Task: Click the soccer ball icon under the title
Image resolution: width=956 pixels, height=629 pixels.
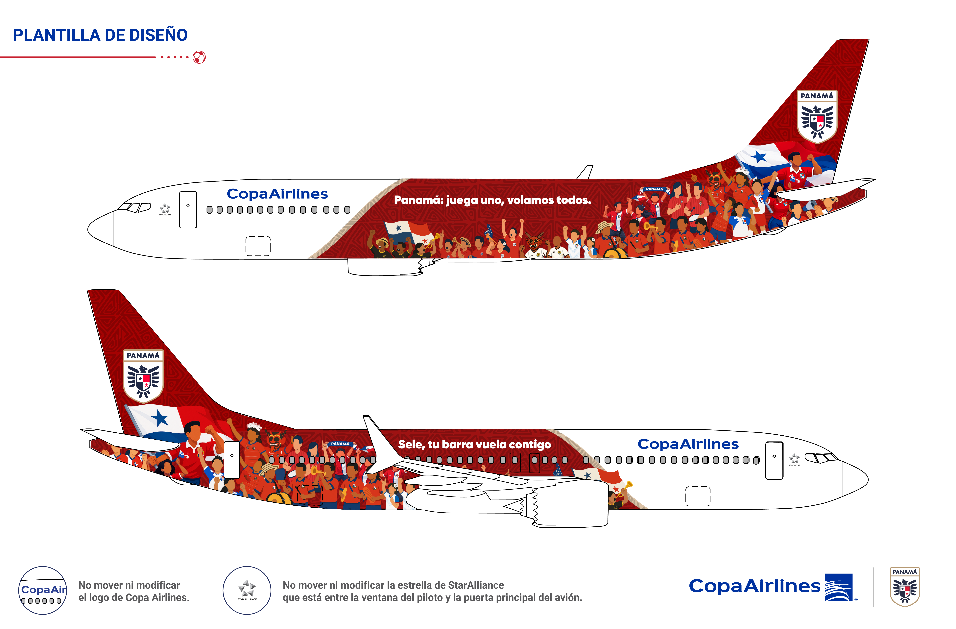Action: point(199,57)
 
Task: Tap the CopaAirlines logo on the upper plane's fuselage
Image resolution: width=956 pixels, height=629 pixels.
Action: point(277,194)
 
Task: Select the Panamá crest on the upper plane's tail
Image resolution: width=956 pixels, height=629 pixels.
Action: point(817,116)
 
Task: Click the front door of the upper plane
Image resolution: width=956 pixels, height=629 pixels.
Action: point(188,210)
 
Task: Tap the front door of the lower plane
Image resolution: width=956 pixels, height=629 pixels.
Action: point(774,460)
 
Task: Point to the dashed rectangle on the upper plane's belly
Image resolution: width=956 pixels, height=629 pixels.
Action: point(258,246)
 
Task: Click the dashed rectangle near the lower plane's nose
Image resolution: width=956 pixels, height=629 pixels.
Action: point(698,496)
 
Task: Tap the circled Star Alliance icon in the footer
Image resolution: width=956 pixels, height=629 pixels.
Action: point(247,590)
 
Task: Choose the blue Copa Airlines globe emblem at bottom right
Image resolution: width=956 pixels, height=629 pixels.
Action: point(839,587)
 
